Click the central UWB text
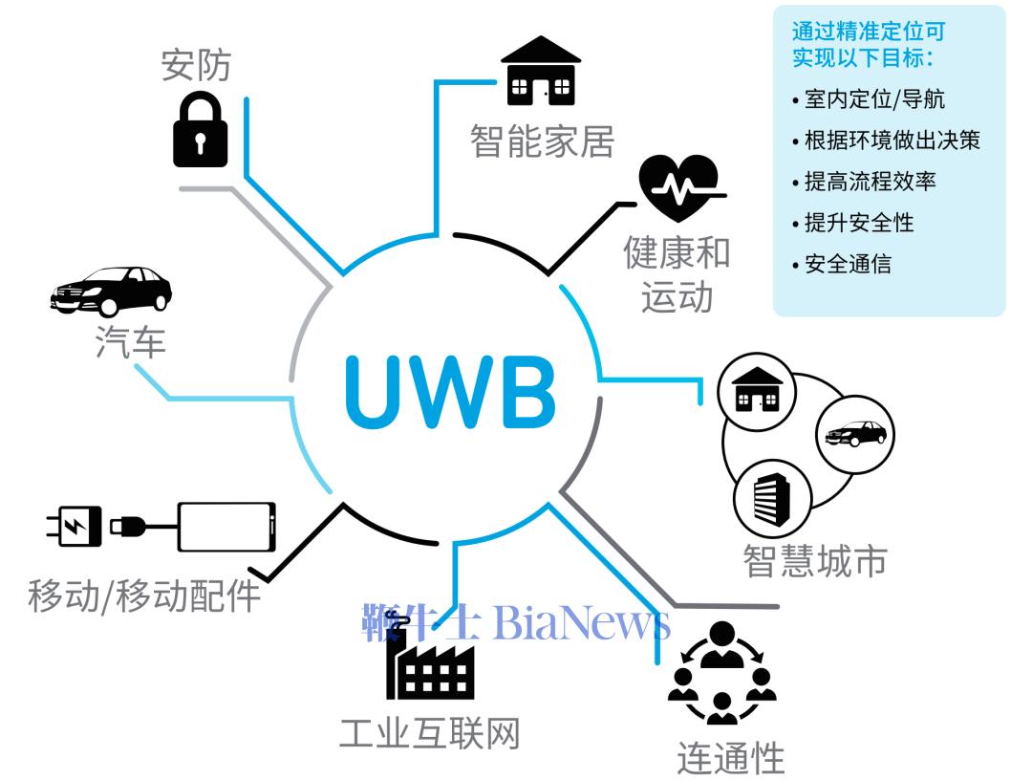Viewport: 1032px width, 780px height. coord(450,392)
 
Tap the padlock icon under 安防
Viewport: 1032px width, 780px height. coord(200,130)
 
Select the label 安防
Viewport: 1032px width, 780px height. coord(196,64)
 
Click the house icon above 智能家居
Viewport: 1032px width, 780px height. coord(541,71)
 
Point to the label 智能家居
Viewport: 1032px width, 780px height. coord(543,141)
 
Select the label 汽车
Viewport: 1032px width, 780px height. coord(130,341)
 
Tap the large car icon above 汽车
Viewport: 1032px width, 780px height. coord(111,291)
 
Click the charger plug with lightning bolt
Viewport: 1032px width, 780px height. coord(75,526)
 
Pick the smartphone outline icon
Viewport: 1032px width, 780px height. coord(226,528)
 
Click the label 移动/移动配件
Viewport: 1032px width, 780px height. coord(144,596)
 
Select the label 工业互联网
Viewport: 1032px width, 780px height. coord(430,733)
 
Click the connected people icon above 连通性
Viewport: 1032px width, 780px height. coord(722,672)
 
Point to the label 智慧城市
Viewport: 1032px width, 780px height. coord(815,561)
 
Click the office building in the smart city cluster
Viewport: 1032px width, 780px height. coord(772,498)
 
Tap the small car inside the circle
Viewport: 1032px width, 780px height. coord(855,433)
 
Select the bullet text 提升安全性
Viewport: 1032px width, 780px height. coord(859,223)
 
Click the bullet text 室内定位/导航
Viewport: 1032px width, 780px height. coord(874,98)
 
